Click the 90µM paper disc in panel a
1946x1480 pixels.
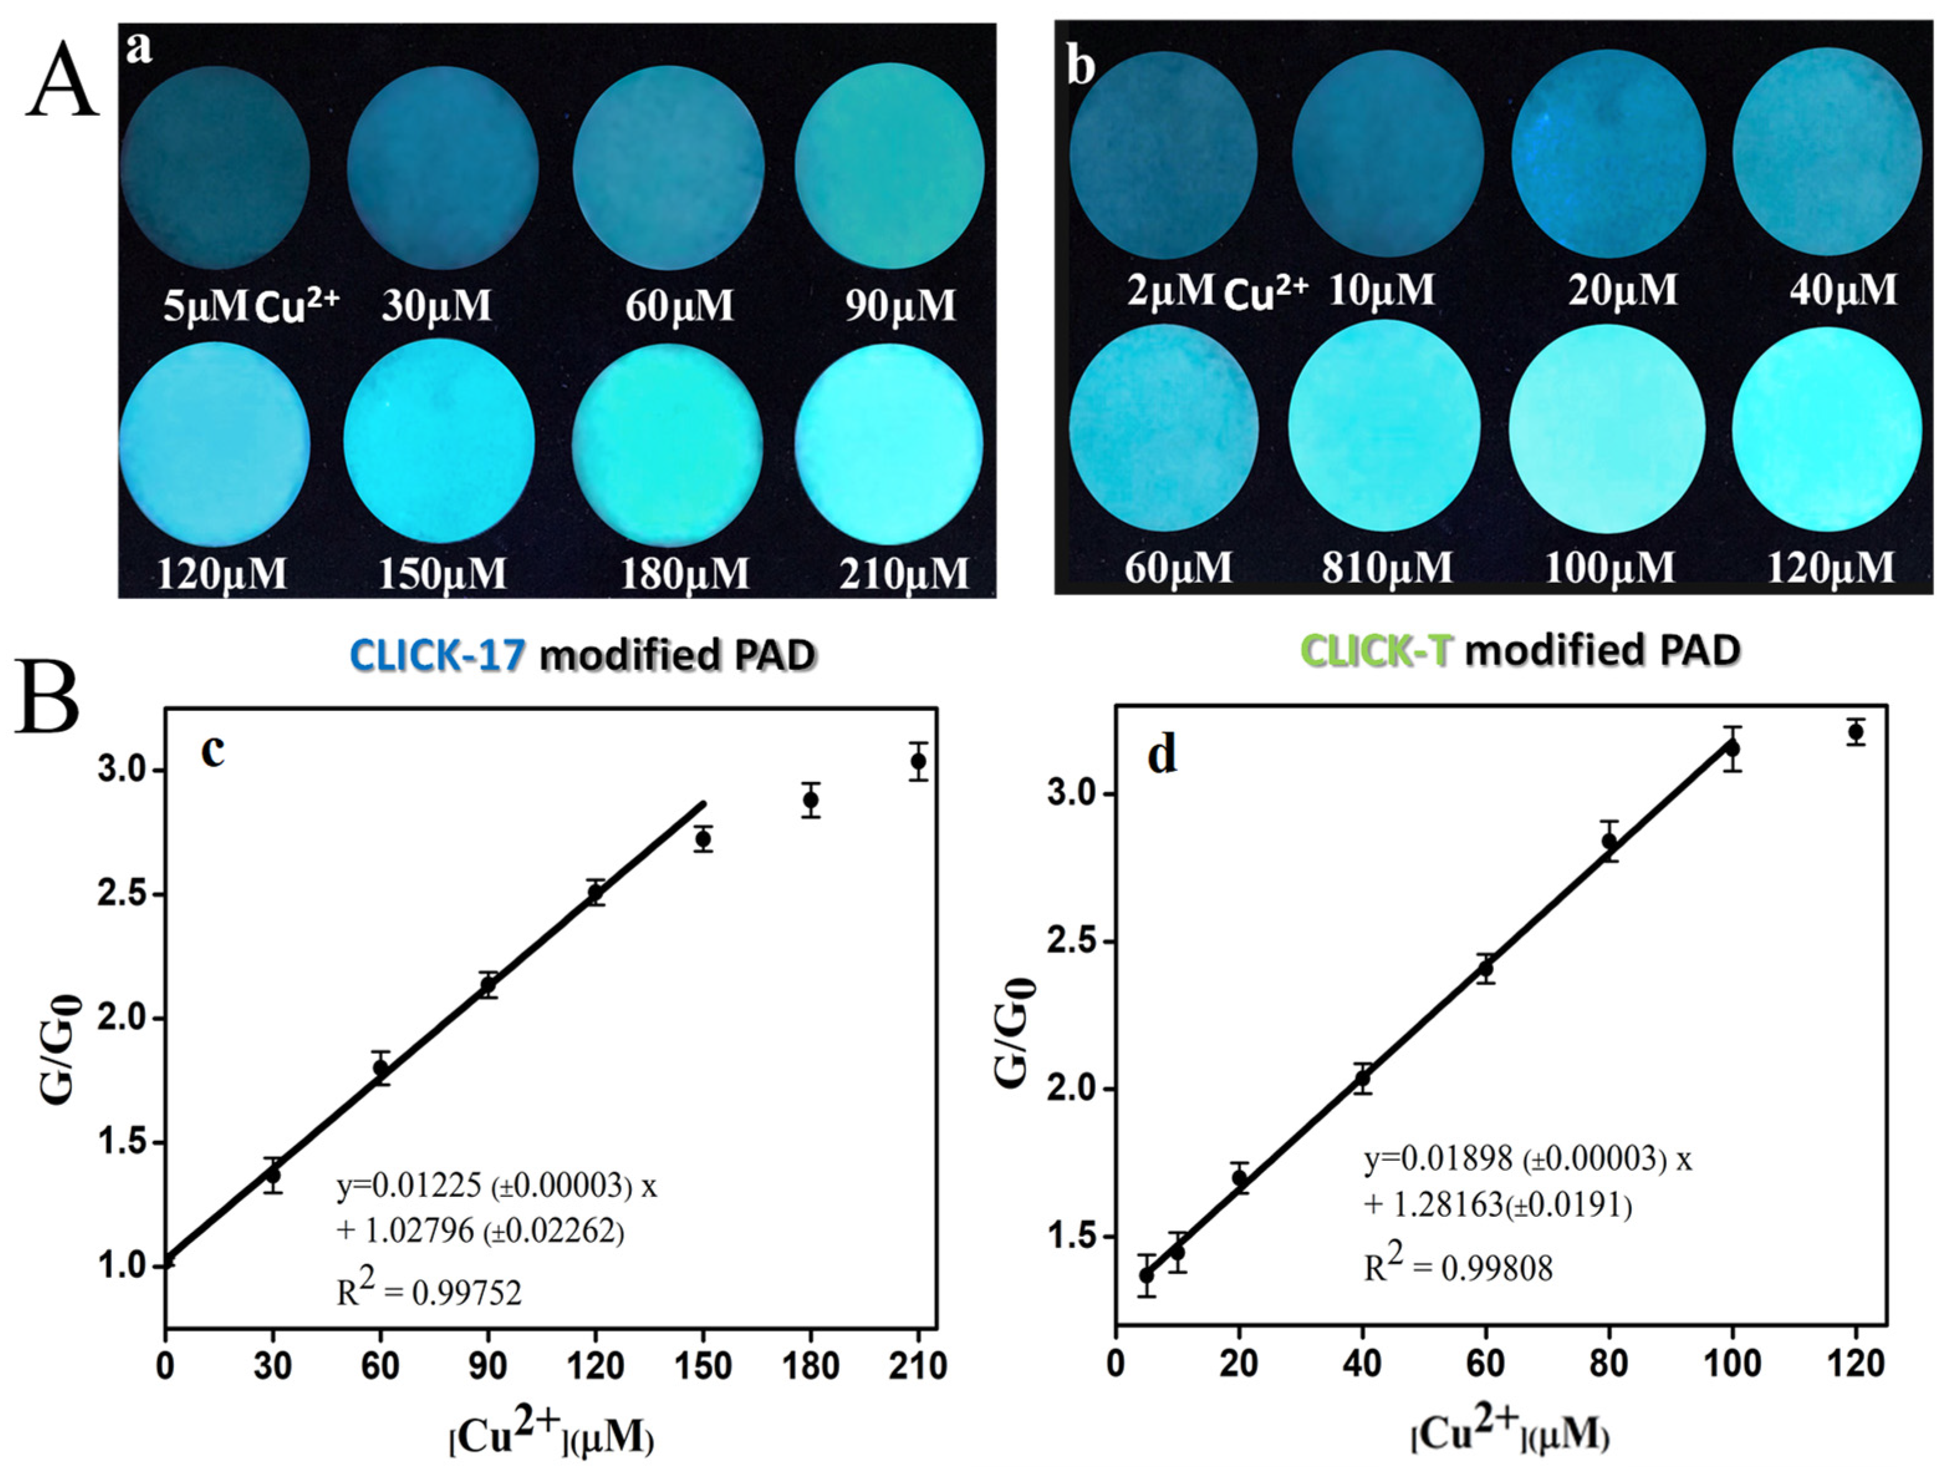[x=889, y=165]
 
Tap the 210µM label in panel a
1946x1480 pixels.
[x=904, y=574]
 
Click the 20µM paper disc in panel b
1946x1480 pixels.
[x=1608, y=155]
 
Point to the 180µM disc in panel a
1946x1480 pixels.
[x=667, y=445]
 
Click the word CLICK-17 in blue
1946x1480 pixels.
[x=438, y=656]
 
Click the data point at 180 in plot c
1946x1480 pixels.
[x=810, y=800]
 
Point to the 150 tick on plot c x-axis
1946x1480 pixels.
[x=702, y=1366]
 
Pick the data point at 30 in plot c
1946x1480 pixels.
[x=273, y=1175]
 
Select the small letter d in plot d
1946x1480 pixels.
[x=1162, y=756]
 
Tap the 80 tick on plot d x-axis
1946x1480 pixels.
[x=1610, y=1364]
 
